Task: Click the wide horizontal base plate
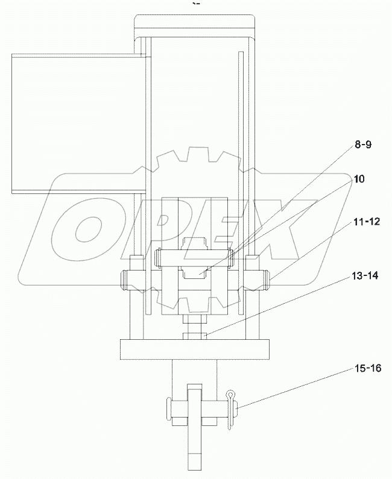[194, 350]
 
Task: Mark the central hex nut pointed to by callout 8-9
[195, 265]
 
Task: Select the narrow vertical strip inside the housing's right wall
[240, 181]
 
